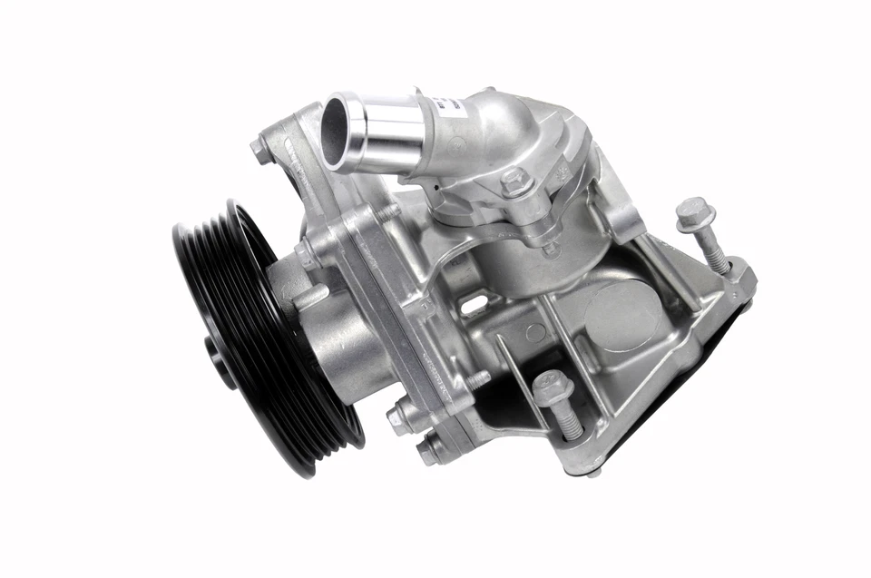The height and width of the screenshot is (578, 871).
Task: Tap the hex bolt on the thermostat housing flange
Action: pos(514,181)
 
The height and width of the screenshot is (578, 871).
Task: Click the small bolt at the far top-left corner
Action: pos(261,151)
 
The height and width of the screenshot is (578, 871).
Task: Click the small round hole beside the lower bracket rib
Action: pos(535,333)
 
